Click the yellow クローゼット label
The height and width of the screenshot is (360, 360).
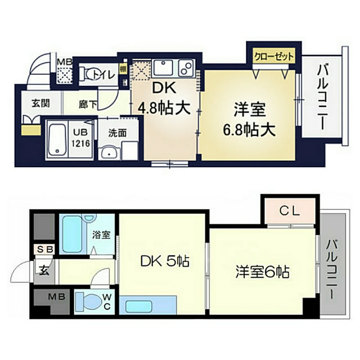[274, 56]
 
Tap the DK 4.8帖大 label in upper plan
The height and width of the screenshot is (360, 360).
[165, 98]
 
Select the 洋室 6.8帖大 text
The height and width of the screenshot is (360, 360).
[249, 119]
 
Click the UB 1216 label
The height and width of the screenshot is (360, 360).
[80, 138]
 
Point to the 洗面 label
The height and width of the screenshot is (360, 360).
[118, 133]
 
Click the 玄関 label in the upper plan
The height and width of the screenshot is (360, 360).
[40, 103]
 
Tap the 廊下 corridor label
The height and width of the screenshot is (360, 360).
[88, 105]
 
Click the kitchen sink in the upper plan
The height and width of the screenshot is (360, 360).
[164, 67]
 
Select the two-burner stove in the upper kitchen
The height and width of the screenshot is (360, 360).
[186, 67]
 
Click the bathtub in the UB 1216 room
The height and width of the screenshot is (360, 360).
[57, 139]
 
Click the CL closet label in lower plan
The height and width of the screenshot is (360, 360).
[290, 211]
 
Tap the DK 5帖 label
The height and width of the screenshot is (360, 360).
[165, 261]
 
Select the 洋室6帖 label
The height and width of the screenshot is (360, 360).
[262, 272]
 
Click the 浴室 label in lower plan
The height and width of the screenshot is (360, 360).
[101, 235]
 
